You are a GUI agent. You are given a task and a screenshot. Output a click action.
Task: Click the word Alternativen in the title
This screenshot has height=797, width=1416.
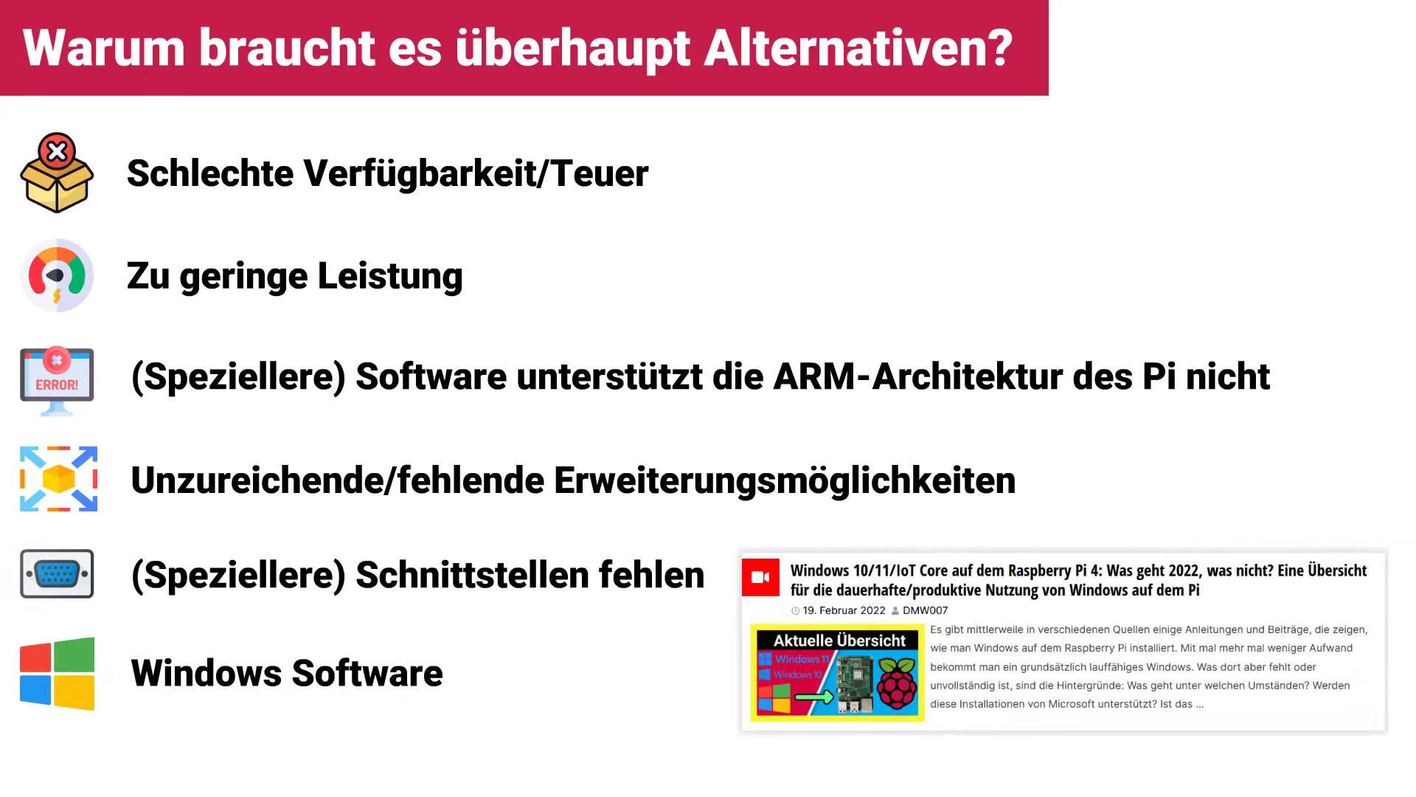pyautogui.click(x=858, y=49)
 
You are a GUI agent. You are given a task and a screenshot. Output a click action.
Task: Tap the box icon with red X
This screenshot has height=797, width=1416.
pyautogui.click(x=57, y=173)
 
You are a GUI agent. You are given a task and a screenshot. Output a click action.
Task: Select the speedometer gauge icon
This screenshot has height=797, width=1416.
pyautogui.click(x=57, y=275)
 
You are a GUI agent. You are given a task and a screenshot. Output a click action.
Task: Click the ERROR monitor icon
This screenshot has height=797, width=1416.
pyautogui.click(x=57, y=381)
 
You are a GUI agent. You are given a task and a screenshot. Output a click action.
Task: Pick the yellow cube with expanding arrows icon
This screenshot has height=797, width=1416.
pyautogui.click(x=58, y=479)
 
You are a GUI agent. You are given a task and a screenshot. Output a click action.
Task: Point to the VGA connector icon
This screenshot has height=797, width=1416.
pyautogui.click(x=57, y=573)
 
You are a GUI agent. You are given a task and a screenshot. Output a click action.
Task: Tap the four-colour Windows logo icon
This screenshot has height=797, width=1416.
pyautogui.click(x=58, y=674)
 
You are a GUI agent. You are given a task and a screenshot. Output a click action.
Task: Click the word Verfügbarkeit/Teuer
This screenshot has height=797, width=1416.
pyautogui.click(x=476, y=174)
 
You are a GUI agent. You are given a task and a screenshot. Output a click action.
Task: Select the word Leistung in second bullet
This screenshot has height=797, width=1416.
pyautogui.click(x=390, y=277)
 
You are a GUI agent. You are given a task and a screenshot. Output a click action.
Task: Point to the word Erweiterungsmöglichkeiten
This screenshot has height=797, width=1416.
pyautogui.click(x=785, y=481)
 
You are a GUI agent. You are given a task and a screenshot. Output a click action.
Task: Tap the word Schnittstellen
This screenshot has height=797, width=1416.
pyautogui.click(x=471, y=575)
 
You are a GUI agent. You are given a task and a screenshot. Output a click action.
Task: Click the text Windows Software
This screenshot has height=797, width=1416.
pyautogui.click(x=287, y=673)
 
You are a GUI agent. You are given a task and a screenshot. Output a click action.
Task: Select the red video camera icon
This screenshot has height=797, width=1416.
pyautogui.click(x=760, y=577)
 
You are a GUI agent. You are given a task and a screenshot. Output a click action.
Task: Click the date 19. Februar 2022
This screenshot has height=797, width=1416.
pyautogui.click(x=844, y=610)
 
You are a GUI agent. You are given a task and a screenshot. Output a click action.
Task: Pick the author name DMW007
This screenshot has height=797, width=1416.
pyautogui.click(x=925, y=610)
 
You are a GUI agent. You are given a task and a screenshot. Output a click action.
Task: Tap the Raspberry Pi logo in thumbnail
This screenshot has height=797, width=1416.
pyautogui.click(x=897, y=683)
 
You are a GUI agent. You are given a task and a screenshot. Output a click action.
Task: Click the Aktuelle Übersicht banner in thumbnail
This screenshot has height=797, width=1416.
pyautogui.click(x=839, y=641)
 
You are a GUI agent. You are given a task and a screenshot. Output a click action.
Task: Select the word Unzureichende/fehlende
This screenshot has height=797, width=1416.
pyautogui.click(x=337, y=480)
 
